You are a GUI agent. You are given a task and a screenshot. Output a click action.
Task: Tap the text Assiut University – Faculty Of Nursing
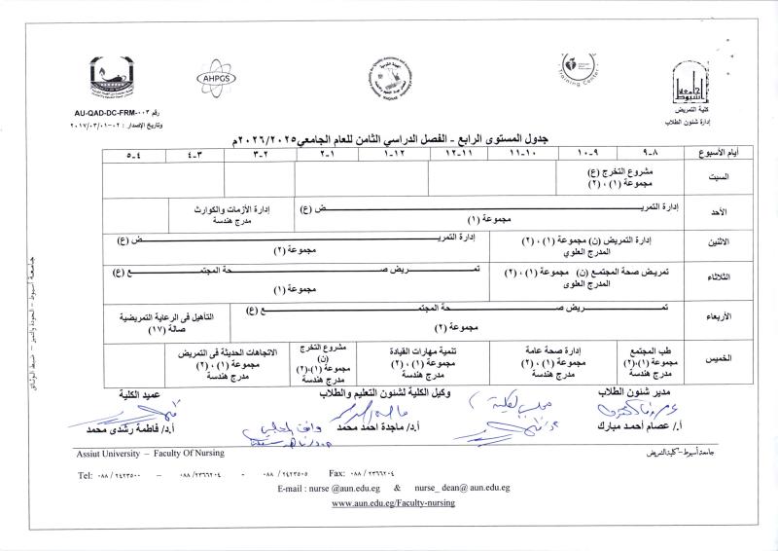click(150, 454)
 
